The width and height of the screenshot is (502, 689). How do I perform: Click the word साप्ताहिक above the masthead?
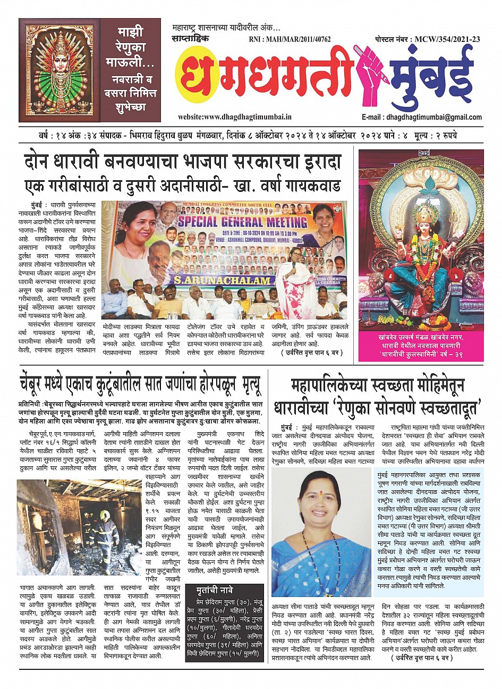coord(191,39)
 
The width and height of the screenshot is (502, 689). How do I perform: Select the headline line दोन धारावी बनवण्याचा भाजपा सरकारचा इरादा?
coord(182,162)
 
